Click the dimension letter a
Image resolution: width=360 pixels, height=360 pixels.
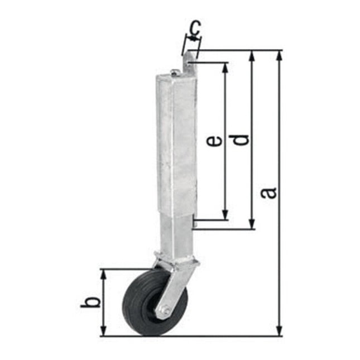(x=270, y=193)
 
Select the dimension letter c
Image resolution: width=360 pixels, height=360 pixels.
(x=194, y=27)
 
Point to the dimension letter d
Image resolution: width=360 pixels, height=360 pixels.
(x=241, y=140)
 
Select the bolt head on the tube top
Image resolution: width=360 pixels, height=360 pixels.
(x=175, y=71)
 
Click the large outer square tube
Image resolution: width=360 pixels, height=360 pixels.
(x=177, y=140)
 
